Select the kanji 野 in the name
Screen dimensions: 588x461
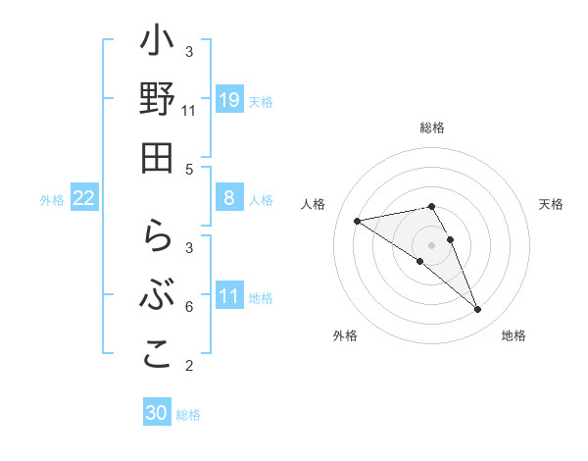click(157, 101)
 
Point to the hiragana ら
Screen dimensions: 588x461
click(157, 240)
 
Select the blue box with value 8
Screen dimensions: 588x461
click(228, 198)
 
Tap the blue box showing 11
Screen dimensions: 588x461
click(228, 295)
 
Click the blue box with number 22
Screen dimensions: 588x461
click(84, 198)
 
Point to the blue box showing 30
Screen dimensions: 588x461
click(157, 413)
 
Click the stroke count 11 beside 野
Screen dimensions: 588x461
click(188, 111)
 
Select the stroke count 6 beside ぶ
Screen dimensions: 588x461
click(189, 307)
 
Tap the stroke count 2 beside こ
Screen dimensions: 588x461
click(189, 366)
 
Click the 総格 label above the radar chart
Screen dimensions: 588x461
click(431, 128)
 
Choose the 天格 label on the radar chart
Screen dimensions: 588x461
click(551, 204)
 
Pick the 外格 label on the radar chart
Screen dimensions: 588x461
click(344, 335)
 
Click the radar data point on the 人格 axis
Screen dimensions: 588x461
click(358, 221)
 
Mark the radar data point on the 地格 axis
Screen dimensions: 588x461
click(477, 310)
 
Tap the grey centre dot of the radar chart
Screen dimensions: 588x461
click(431, 244)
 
